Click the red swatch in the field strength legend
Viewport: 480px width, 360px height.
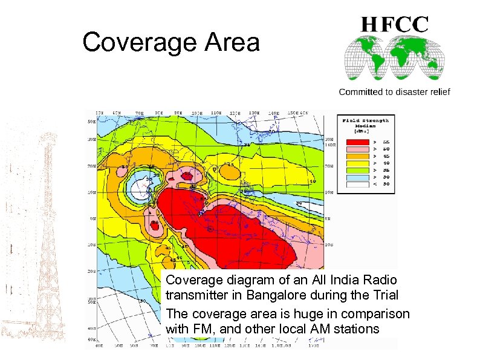coord(357,140)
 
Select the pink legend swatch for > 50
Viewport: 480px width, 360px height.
coord(357,148)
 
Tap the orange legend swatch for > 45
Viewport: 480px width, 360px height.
coord(357,155)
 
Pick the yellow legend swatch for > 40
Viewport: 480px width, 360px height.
coord(357,163)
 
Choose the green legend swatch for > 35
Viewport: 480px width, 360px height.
coord(357,170)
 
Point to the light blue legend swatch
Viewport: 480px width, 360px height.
coord(357,177)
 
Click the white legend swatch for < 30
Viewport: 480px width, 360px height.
coord(357,185)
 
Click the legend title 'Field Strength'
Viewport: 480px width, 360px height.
coord(366,120)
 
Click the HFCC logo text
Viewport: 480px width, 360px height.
coord(395,25)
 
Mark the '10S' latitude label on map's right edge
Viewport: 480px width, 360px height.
coord(328,246)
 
